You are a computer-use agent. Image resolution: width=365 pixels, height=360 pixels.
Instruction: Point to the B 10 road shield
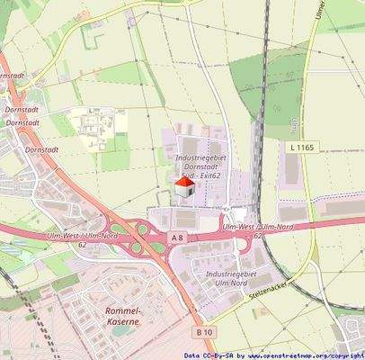pyautogui.click(x=204, y=333)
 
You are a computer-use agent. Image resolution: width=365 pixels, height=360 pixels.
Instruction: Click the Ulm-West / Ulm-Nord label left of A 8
pyautogui.click(x=80, y=236)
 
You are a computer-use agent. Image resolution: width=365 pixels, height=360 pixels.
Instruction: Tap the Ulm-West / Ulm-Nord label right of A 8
pyautogui.click(x=260, y=228)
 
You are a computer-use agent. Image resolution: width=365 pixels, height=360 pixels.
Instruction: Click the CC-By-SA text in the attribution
pyautogui.click(x=220, y=355)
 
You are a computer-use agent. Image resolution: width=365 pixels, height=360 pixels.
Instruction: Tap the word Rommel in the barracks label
pyautogui.click(x=111, y=310)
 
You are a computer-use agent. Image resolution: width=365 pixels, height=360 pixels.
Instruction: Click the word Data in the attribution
pyautogui.click(x=191, y=355)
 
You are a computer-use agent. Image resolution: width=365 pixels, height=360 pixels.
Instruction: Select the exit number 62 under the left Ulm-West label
pyautogui.click(x=82, y=244)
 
